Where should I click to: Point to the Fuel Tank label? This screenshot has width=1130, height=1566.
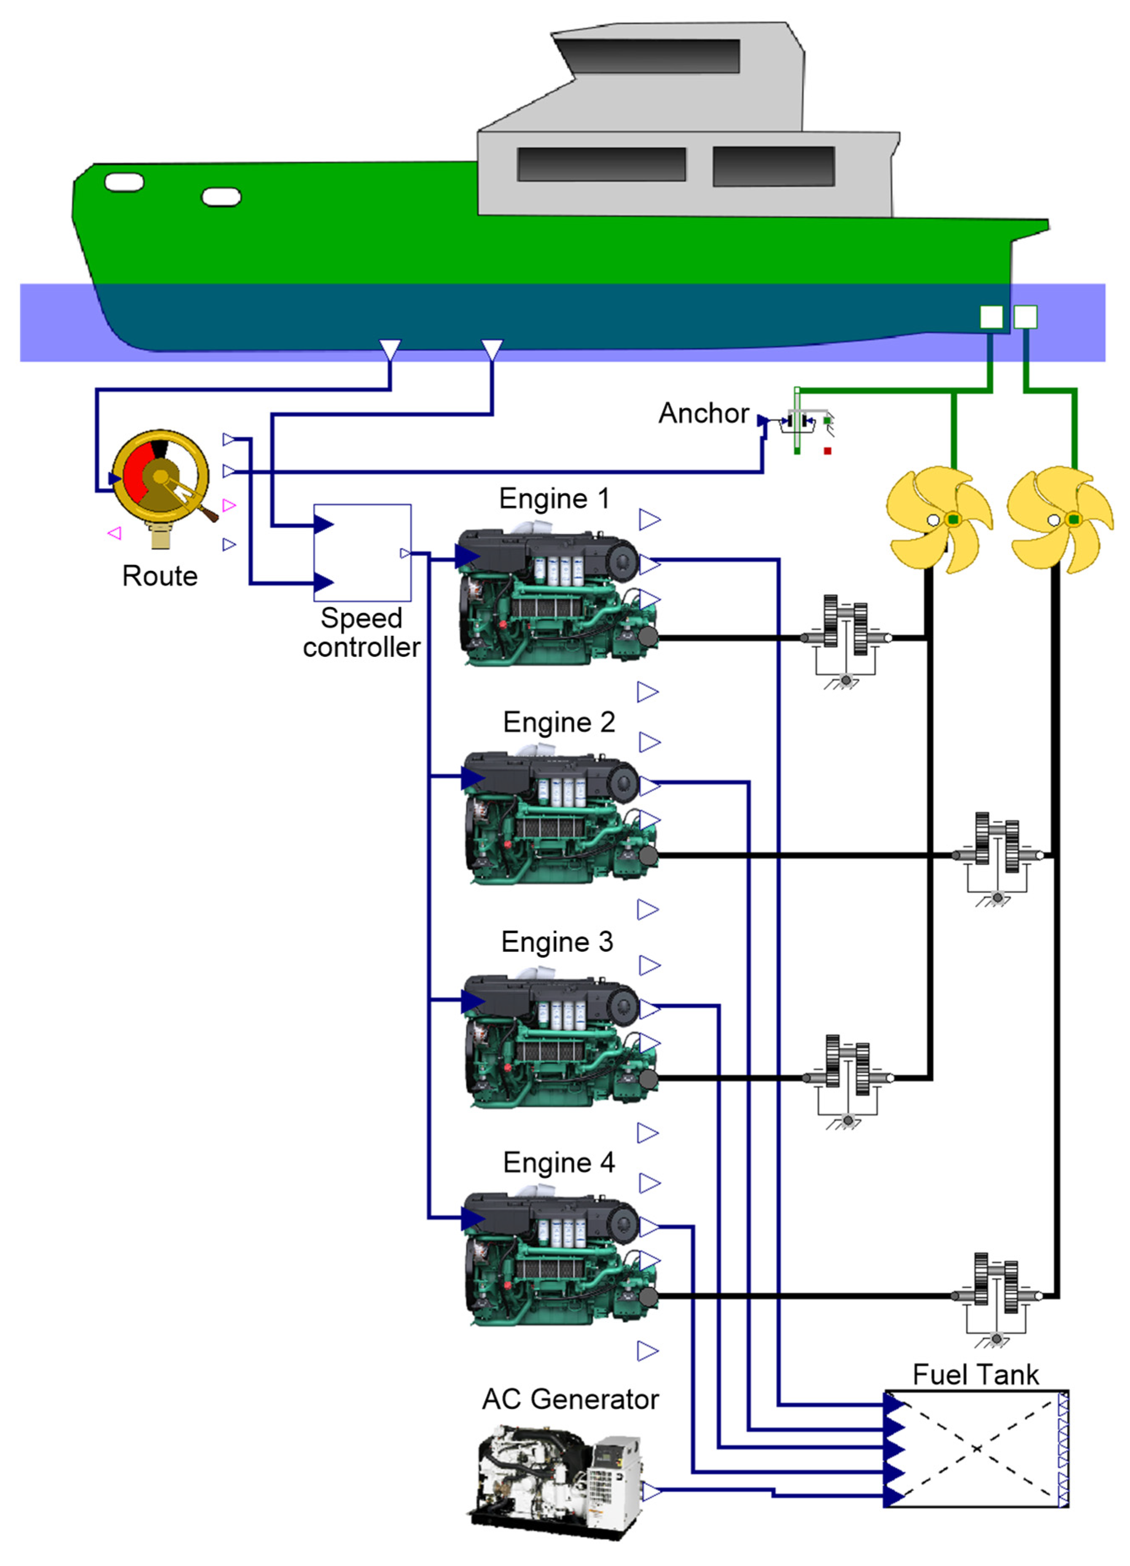(x=975, y=1374)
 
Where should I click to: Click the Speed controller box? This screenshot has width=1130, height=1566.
(x=362, y=552)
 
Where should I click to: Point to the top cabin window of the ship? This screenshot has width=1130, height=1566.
(x=649, y=56)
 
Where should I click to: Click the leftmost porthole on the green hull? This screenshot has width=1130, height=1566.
(x=124, y=182)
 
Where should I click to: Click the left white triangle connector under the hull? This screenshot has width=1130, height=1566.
(x=390, y=350)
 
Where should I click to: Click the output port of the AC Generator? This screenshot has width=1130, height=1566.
(x=650, y=1491)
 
